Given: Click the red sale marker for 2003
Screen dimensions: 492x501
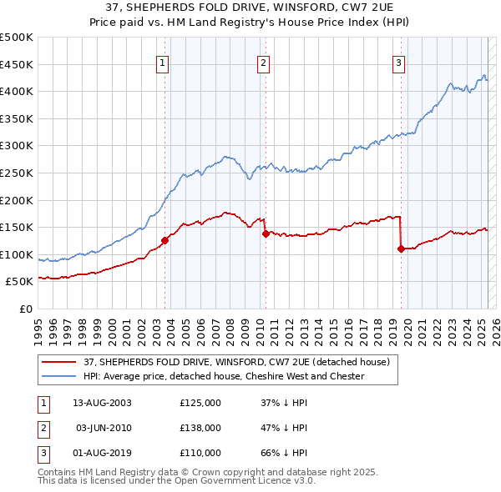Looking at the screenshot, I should pyautogui.click(x=164, y=240).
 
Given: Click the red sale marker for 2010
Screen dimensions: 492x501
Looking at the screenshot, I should pyautogui.click(x=266, y=233).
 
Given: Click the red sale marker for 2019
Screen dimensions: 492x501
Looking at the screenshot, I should pyautogui.click(x=401, y=249).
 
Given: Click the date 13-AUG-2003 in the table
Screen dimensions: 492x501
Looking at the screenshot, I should pyautogui.click(x=102, y=403).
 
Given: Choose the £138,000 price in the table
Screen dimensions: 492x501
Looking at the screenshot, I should pyautogui.click(x=200, y=428).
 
